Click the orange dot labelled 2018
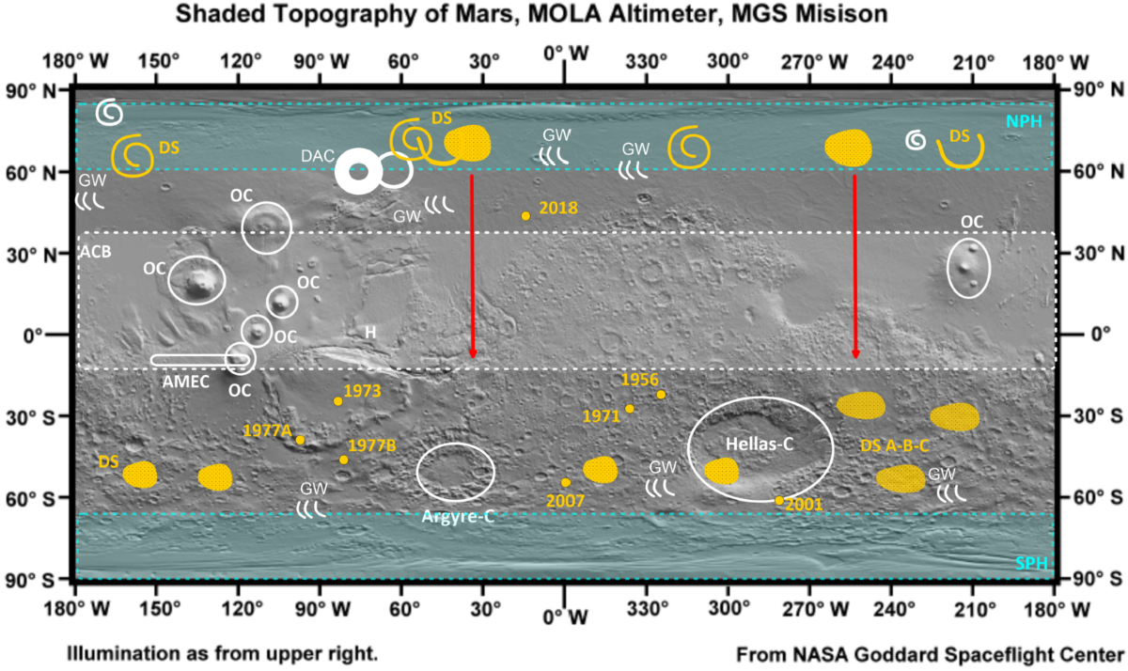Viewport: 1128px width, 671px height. coord(525,216)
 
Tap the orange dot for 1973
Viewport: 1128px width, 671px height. coord(338,401)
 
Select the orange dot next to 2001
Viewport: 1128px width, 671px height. coord(779,501)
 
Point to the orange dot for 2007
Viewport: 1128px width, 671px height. coord(566,482)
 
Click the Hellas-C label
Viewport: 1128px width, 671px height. coord(758,441)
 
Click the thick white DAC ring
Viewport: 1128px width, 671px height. coord(358,172)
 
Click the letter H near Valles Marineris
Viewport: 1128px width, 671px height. coord(370,332)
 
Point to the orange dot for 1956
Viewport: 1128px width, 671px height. coord(661,395)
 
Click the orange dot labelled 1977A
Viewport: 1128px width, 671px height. coord(300,440)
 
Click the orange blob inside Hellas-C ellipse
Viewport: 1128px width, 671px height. coord(721,472)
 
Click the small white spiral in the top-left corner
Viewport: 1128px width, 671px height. coord(109,112)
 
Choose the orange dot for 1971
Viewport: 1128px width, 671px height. coord(630,409)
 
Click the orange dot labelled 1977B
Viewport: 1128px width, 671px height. coord(344,460)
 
